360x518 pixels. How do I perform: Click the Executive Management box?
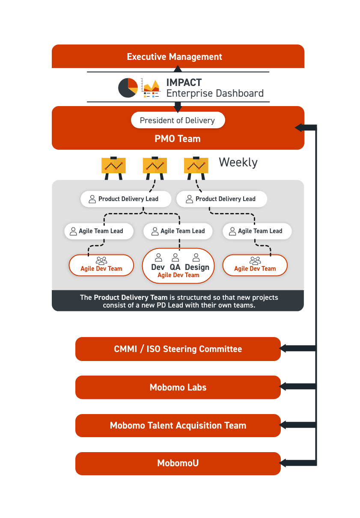[178, 56]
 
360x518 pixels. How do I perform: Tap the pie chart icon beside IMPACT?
[128, 88]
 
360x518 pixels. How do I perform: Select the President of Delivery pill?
[178, 120]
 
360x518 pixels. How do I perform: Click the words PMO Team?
[178, 139]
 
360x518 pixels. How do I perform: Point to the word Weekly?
[238, 162]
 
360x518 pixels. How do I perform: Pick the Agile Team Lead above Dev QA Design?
[178, 231]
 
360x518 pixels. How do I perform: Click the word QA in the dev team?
[175, 267]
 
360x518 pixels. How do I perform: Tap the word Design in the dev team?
[197, 267]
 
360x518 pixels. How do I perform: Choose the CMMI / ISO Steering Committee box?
[178, 349]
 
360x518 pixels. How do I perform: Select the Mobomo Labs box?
[178, 387]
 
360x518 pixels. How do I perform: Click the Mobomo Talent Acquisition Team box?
[178, 425]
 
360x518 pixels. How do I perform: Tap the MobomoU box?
[178, 463]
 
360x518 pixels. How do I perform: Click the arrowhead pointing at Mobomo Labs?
[283, 386]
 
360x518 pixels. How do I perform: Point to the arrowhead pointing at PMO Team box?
[299, 127]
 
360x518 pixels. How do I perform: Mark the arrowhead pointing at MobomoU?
[283, 463]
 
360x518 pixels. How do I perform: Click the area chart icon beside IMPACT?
[151, 88]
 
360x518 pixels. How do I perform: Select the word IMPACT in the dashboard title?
[184, 83]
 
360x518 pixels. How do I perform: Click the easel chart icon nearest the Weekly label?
[196, 168]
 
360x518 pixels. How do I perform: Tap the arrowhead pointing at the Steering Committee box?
[283, 348]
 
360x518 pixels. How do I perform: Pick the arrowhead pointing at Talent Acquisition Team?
[283, 425]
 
